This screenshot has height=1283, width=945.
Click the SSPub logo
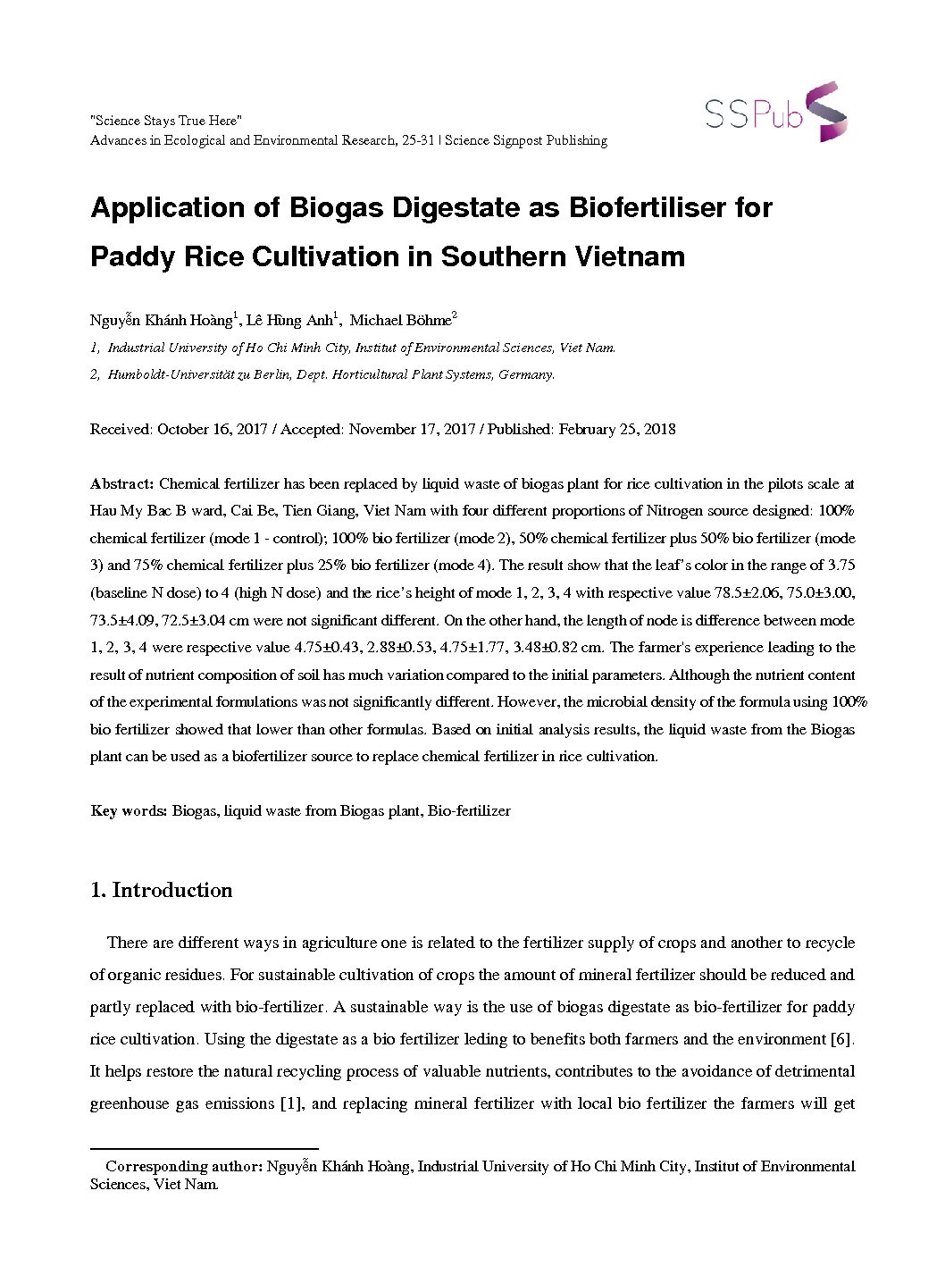click(775, 113)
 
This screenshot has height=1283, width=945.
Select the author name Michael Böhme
click(401, 321)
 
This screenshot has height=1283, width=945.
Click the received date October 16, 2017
click(213, 430)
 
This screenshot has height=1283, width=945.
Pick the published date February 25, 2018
click(617, 430)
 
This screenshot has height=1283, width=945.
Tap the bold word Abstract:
click(122, 484)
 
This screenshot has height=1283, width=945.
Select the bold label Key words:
click(129, 811)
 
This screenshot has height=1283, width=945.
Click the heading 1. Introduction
click(162, 890)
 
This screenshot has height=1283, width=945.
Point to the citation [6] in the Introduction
click(842, 1039)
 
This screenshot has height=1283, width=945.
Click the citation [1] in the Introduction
click(291, 1103)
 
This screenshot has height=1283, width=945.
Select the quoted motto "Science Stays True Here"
click(166, 121)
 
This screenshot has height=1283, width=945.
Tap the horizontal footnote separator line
click(205, 1149)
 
